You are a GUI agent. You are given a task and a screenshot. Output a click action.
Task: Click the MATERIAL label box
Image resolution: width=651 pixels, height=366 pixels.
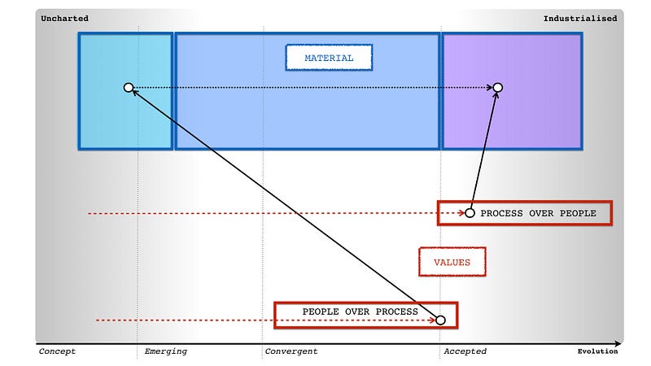(x=329, y=58)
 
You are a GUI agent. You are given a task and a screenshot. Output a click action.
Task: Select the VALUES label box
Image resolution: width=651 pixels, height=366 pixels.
(x=452, y=262)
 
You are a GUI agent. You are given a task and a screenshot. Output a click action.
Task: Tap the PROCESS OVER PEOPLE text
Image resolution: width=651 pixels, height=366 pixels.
(x=538, y=213)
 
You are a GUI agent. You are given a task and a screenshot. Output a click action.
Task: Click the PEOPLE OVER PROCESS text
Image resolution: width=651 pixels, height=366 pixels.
(x=360, y=312)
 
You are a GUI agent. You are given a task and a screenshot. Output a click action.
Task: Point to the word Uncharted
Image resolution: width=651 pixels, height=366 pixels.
(x=64, y=18)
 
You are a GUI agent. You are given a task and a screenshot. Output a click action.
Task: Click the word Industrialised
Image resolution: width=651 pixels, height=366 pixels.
(x=580, y=18)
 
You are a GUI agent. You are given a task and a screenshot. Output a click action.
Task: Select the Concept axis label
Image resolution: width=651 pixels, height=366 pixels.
(x=57, y=351)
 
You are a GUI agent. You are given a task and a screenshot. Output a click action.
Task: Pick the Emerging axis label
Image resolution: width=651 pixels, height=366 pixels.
(x=165, y=351)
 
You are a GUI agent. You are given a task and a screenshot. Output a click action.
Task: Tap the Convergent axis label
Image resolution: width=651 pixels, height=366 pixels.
(x=291, y=351)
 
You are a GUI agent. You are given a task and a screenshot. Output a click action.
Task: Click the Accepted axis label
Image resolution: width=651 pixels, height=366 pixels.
(x=465, y=351)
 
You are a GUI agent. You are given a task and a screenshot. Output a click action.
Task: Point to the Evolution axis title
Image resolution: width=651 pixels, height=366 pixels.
(x=597, y=351)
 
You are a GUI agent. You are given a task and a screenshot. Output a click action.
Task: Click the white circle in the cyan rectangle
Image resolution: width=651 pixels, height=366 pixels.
(x=128, y=87)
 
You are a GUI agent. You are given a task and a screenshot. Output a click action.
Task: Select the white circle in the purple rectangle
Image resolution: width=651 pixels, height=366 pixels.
(x=498, y=87)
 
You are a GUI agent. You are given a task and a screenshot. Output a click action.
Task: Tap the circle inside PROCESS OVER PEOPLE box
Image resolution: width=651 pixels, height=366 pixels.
(x=470, y=213)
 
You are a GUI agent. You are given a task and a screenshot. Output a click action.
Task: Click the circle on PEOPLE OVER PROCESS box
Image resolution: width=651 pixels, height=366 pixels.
(x=440, y=320)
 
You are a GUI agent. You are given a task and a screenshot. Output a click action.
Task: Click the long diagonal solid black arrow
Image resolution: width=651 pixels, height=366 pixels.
(x=285, y=204)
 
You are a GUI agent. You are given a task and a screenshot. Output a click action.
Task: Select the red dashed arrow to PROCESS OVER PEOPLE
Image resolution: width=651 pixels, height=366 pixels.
(x=260, y=213)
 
